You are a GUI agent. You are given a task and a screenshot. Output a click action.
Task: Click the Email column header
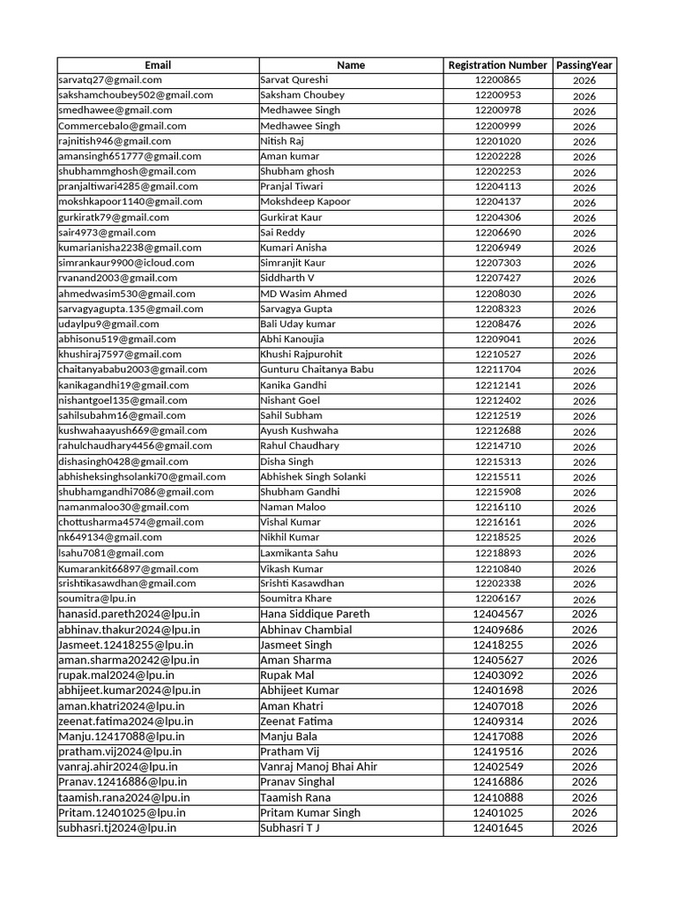pyautogui.click(x=158, y=65)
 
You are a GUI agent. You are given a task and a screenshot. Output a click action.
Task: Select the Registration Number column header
pyautogui.click(x=497, y=65)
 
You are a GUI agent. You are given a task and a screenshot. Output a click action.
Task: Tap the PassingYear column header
pyautogui.click(x=584, y=65)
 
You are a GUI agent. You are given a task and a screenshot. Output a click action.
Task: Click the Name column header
pyautogui.click(x=351, y=65)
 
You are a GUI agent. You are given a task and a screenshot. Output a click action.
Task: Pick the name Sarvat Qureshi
pyautogui.click(x=294, y=79)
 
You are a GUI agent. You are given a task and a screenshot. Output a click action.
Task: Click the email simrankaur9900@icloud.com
pyautogui.click(x=126, y=263)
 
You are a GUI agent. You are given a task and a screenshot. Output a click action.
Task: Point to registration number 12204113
pyautogui.click(x=498, y=186)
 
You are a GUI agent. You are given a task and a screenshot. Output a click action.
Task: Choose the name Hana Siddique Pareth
pyautogui.click(x=315, y=614)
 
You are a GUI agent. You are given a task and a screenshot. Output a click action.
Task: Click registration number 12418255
pyautogui.click(x=498, y=645)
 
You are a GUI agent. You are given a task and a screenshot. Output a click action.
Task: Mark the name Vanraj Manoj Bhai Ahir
pyautogui.click(x=318, y=766)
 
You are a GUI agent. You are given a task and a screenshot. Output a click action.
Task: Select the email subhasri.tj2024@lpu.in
pyautogui.click(x=117, y=828)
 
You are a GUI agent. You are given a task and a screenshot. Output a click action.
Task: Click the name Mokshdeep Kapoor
pyautogui.click(x=305, y=201)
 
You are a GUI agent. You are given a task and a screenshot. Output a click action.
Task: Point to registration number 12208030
pyautogui.click(x=498, y=294)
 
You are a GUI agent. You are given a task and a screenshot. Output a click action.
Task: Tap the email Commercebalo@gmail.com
pyautogui.click(x=123, y=126)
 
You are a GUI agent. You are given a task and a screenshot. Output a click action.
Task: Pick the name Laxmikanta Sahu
pyautogui.click(x=298, y=553)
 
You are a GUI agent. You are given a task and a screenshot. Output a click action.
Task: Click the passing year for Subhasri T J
pyautogui.click(x=584, y=828)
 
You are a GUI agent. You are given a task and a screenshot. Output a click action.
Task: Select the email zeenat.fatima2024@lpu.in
pyautogui.click(x=125, y=720)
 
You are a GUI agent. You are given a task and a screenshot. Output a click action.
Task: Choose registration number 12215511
pyautogui.click(x=498, y=476)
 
